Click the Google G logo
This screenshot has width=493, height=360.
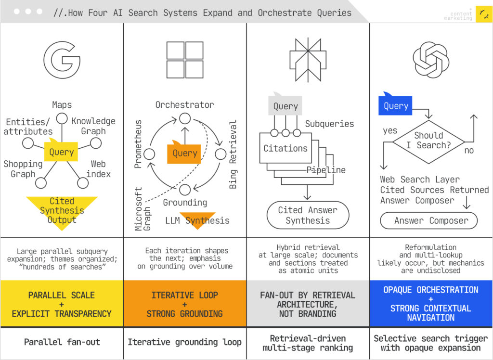click(62, 60)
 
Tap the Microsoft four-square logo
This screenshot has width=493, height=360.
click(185, 60)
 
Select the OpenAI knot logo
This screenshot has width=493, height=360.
click(431, 60)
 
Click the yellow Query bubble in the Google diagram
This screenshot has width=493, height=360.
click(61, 152)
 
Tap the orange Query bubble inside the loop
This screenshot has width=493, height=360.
click(184, 153)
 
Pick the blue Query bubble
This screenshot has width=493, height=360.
click(396, 106)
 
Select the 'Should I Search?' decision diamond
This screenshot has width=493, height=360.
click(428, 141)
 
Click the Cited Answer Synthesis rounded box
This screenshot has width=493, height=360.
click(308, 215)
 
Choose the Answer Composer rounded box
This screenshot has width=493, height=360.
click(428, 221)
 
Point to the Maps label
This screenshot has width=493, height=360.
click(62, 104)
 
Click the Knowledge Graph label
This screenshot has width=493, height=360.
click(93, 126)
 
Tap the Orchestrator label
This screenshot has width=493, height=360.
click(184, 104)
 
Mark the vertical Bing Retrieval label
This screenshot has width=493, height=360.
click(234, 154)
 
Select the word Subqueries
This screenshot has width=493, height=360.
click(329, 124)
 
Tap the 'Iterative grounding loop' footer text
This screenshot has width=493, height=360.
click(185, 342)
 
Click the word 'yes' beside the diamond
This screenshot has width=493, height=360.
click(390, 130)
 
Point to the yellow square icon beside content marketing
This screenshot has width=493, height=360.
click(483, 14)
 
